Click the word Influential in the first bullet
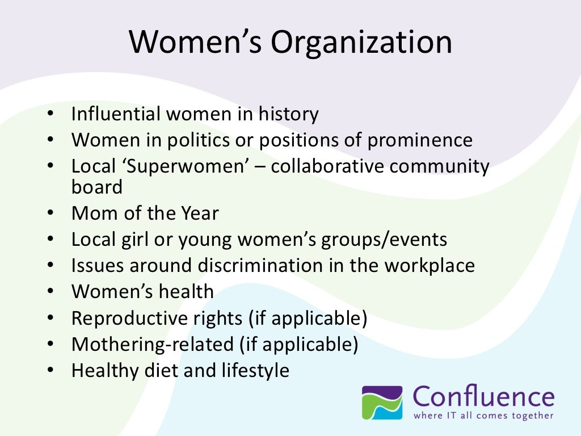point(116,115)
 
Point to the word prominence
point(419,140)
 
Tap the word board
point(96,187)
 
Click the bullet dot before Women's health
point(50,292)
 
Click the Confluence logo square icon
point(382,402)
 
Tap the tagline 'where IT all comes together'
point(483,416)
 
